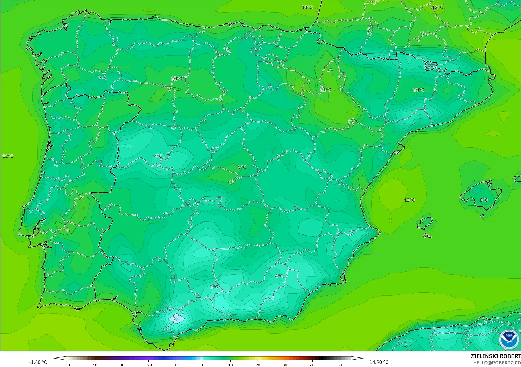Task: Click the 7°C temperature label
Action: pyautogui.click(x=102, y=78)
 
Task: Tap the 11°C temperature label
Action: pyautogui.click(x=326, y=90)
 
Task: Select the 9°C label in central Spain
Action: pyautogui.click(x=242, y=167)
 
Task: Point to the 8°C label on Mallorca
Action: pyautogui.click(x=484, y=200)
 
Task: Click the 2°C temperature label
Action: pyautogui.click(x=214, y=287)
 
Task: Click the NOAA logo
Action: pyautogui.click(x=509, y=339)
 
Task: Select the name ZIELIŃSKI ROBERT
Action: pyautogui.click(x=496, y=356)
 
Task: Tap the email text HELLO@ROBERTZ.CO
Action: pyautogui.click(x=497, y=363)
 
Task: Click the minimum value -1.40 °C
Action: pyautogui.click(x=38, y=362)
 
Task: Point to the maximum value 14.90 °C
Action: pyautogui.click(x=379, y=362)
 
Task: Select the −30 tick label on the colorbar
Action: pyautogui.click(x=121, y=365)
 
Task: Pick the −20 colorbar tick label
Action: pyautogui.click(x=148, y=365)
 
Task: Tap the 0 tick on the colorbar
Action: pyautogui.click(x=203, y=365)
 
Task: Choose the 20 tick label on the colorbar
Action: pyautogui.click(x=258, y=365)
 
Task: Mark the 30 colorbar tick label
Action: pyautogui.click(x=285, y=365)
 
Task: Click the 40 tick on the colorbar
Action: pyautogui.click(x=312, y=365)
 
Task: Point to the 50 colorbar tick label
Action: pyautogui.click(x=340, y=365)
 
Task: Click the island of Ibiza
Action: pyautogui.click(x=425, y=223)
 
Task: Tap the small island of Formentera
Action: pyautogui.click(x=427, y=236)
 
